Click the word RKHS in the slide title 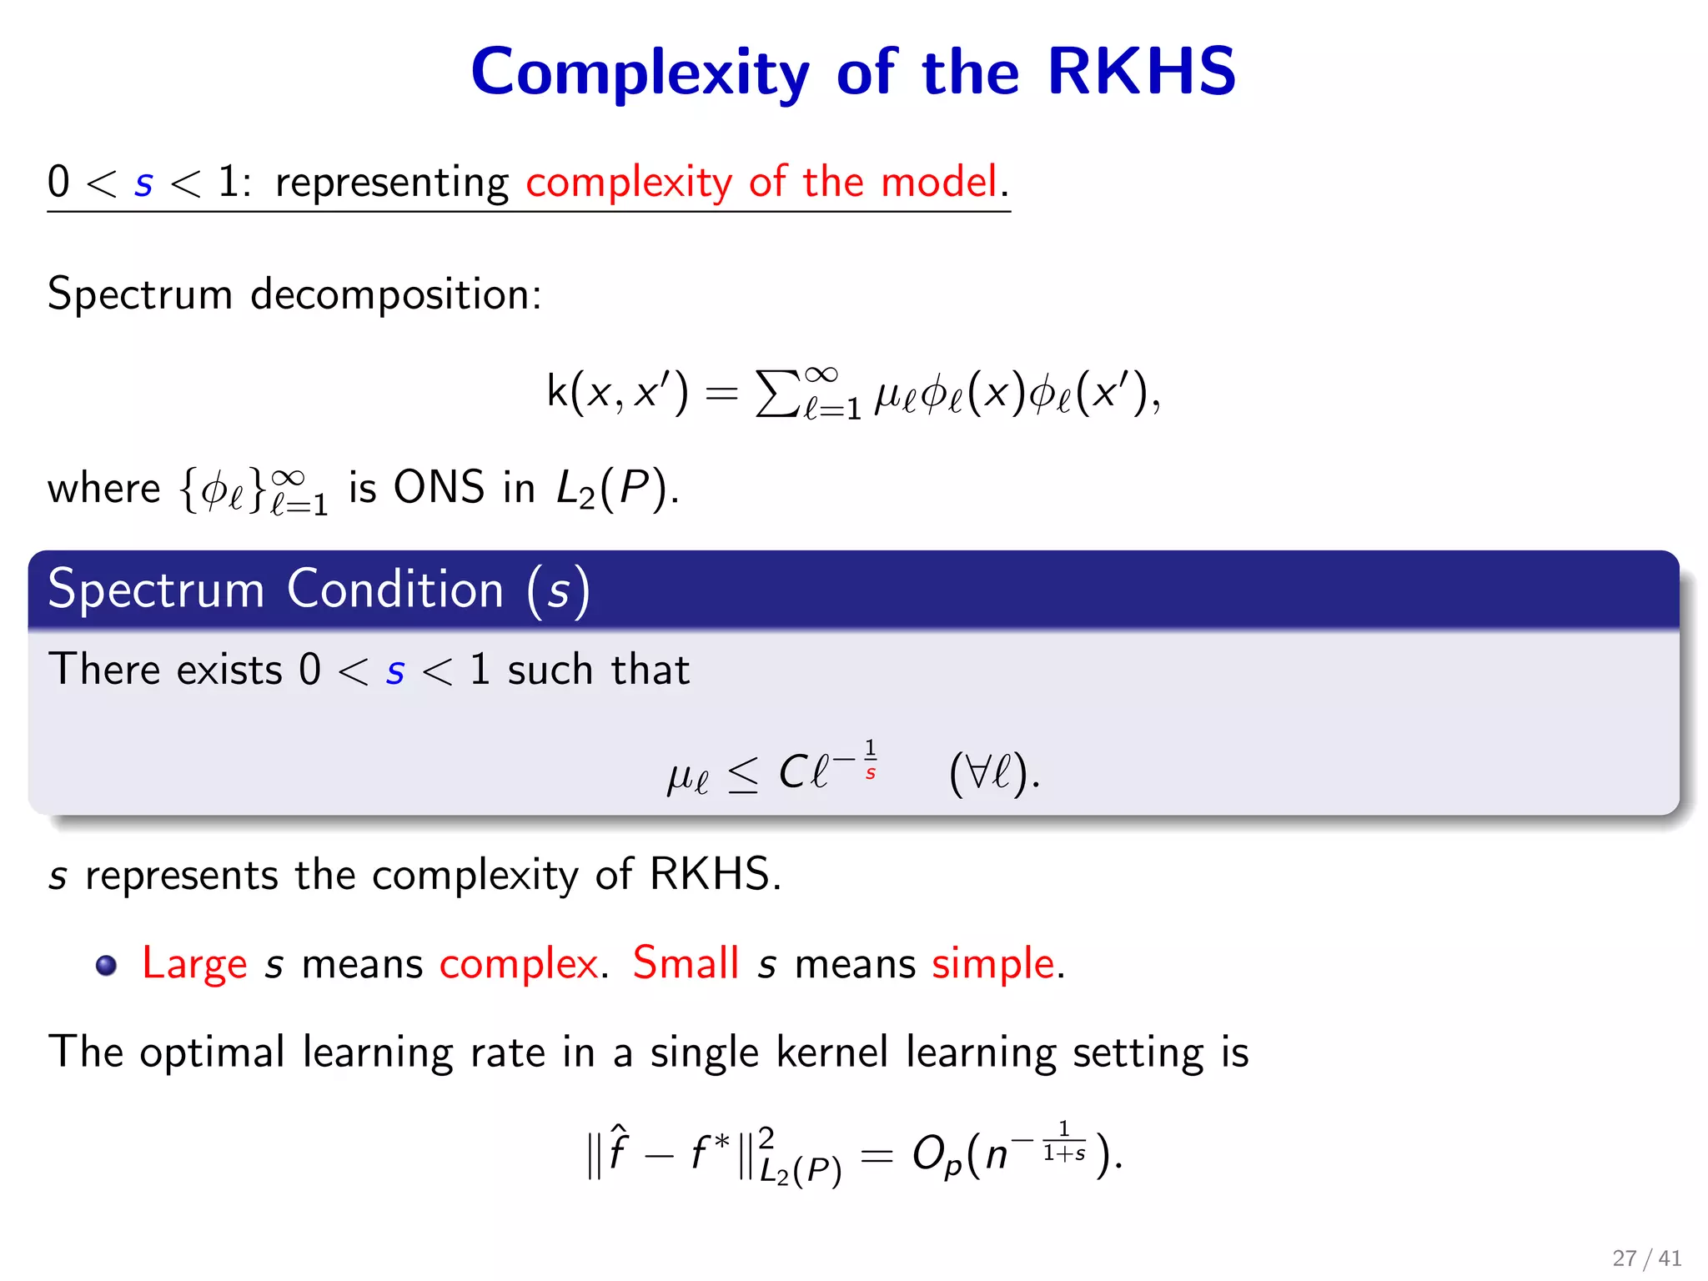(1141, 72)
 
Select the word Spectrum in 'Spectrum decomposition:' (139, 295)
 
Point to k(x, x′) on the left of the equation (617, 391)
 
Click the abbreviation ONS (439, 487)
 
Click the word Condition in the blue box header (395, 590)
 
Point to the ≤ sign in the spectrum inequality (743, 774)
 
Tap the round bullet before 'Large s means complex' (106, 965)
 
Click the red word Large (194, 964)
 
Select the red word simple (993, 964)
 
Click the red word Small (686, 963)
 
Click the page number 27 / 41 (1646, 1258)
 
